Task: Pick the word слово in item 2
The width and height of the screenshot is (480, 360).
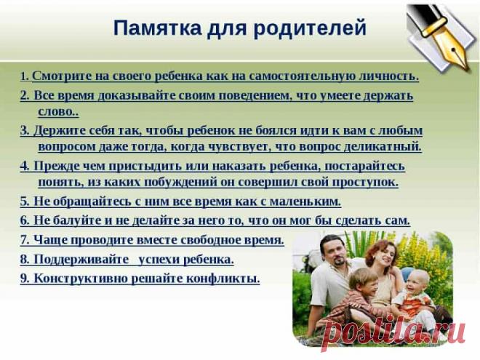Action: click(57, 112)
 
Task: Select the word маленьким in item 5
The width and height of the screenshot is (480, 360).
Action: click(305, 201)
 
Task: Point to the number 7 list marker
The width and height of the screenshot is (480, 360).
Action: click(25, 239)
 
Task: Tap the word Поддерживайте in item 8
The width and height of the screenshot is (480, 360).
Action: click(80, 258)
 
